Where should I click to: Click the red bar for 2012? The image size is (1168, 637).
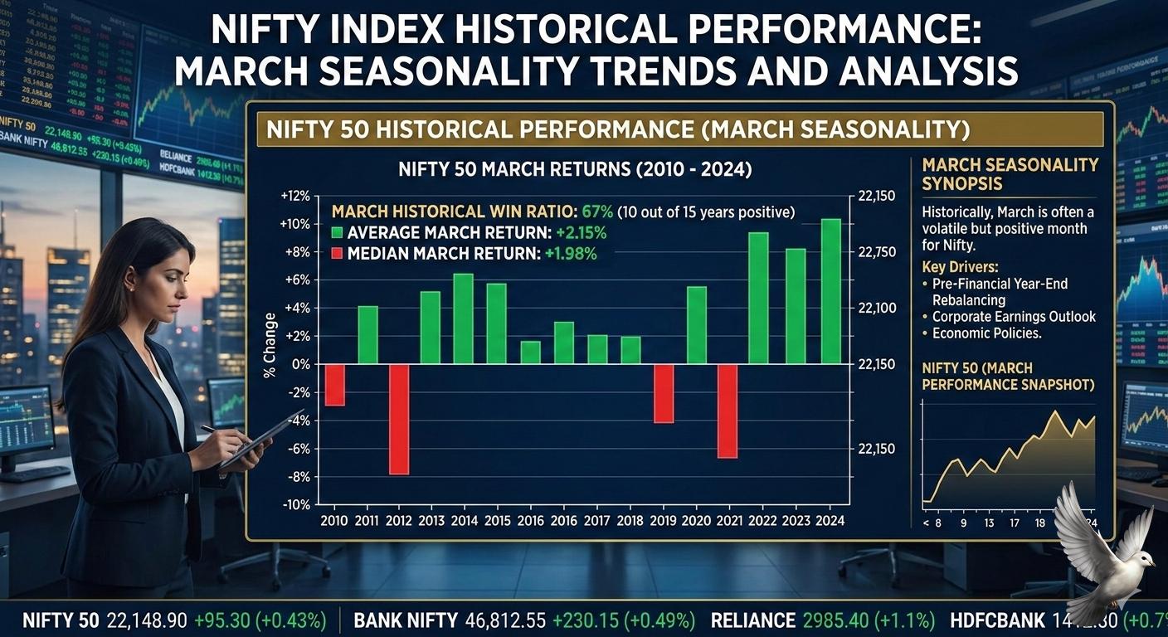399,419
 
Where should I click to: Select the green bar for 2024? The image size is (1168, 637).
830,291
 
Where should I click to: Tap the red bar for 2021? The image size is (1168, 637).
727,411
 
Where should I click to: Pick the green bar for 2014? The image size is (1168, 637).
463,318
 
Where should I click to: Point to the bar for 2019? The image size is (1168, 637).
664,393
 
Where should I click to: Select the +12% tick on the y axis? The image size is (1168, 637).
295,196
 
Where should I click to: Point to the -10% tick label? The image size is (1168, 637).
295,504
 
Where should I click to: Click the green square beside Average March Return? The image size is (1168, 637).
337,233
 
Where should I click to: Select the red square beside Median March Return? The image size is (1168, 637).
337,254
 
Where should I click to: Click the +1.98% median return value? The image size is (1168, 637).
570,254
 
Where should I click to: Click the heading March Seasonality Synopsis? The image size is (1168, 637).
1010,174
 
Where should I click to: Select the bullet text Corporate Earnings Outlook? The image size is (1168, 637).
1014,317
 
